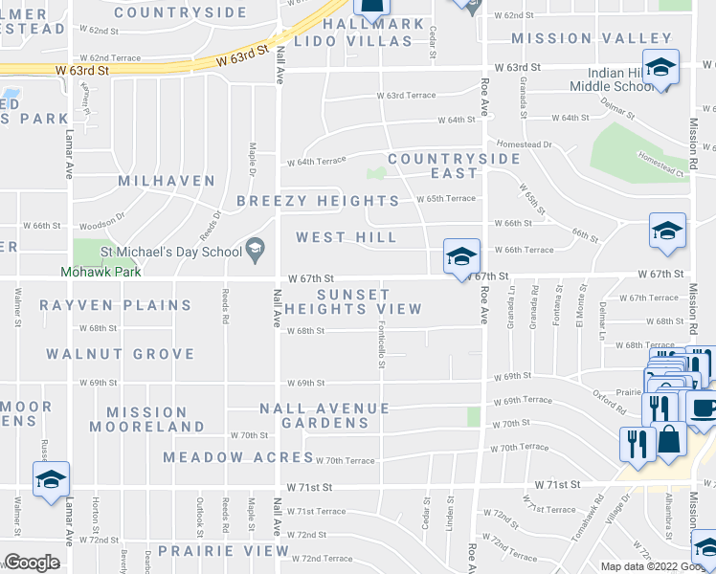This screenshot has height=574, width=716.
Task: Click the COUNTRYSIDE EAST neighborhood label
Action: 433,166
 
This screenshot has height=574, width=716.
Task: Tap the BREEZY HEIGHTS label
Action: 317,201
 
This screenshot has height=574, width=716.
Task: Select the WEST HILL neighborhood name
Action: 347,237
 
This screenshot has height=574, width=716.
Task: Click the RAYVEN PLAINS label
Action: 116,305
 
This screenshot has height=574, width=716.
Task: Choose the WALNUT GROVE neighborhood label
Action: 121,354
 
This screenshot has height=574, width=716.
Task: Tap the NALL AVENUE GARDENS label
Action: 324,415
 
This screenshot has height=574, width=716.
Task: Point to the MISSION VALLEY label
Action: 592,38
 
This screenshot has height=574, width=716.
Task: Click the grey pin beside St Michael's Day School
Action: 255,252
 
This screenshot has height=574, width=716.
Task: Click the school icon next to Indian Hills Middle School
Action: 660,68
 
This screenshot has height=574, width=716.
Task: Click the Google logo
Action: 32,563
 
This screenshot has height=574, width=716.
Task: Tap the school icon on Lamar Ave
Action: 51,479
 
